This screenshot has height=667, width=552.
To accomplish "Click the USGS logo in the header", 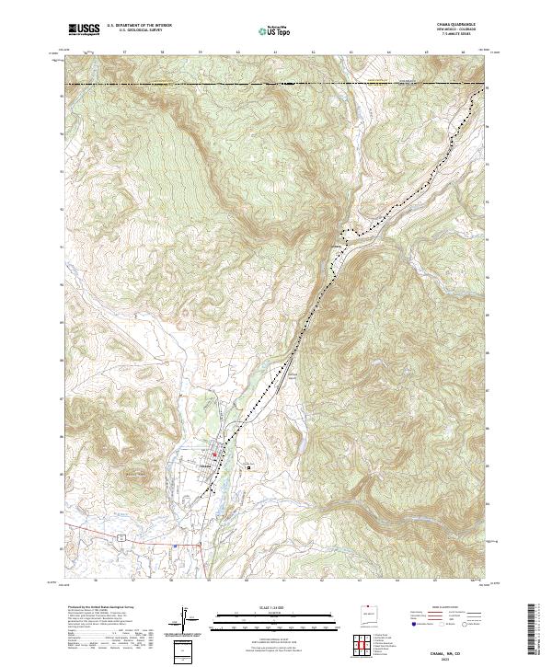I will click(84, 29).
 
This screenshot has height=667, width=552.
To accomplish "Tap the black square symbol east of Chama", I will click(248, 467).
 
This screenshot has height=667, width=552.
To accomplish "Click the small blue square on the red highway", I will click(174, 545).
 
